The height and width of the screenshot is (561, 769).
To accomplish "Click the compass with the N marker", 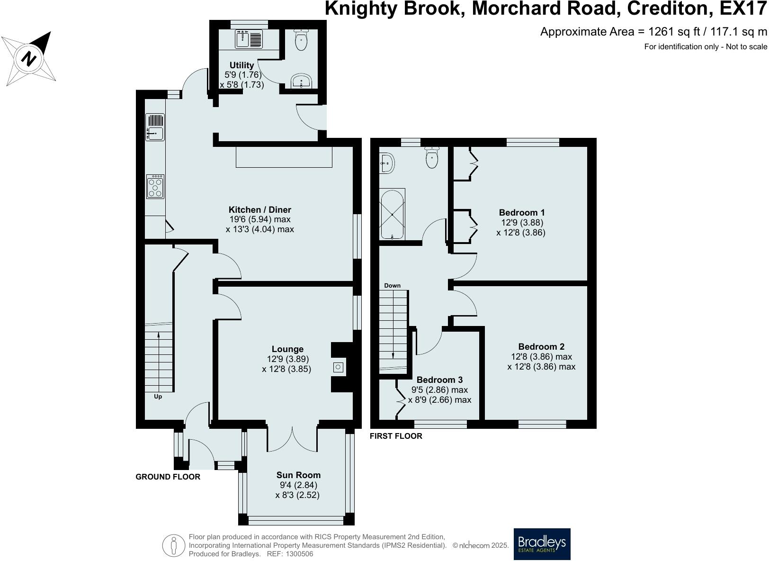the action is tap(29, 58).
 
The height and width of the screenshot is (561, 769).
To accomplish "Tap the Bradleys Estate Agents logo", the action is tap(542, 544).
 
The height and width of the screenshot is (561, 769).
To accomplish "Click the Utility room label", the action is tap(241, 65).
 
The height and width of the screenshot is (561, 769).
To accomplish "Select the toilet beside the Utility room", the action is tap(301, 40).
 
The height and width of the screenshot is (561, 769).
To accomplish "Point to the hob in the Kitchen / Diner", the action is tap(155, 187).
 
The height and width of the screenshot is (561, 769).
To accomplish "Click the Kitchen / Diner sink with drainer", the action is tap(155, 127).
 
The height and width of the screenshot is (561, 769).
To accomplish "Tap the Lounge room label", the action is tap(288, 349).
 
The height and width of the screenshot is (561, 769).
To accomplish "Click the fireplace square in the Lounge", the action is tap(338, 367).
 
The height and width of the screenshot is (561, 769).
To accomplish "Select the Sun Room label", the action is tap(298, 475).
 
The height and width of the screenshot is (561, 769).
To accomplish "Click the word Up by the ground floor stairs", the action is tap(158, 397).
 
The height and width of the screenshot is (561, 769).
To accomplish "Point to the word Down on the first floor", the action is tap(392, 286).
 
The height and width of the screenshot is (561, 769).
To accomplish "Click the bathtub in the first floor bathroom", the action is tap(392, 214).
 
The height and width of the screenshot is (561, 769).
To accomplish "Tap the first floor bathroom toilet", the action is tap(432, 157).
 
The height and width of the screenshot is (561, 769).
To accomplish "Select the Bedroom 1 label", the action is tap(521, 213).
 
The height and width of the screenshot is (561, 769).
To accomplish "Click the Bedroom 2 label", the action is tap(541, 347).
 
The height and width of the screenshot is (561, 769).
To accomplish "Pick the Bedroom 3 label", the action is tap(439, 380).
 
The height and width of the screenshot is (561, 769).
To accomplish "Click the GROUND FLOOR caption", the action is tap(168, 477).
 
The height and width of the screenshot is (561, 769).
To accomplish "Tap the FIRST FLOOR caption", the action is tap(396, 436).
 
